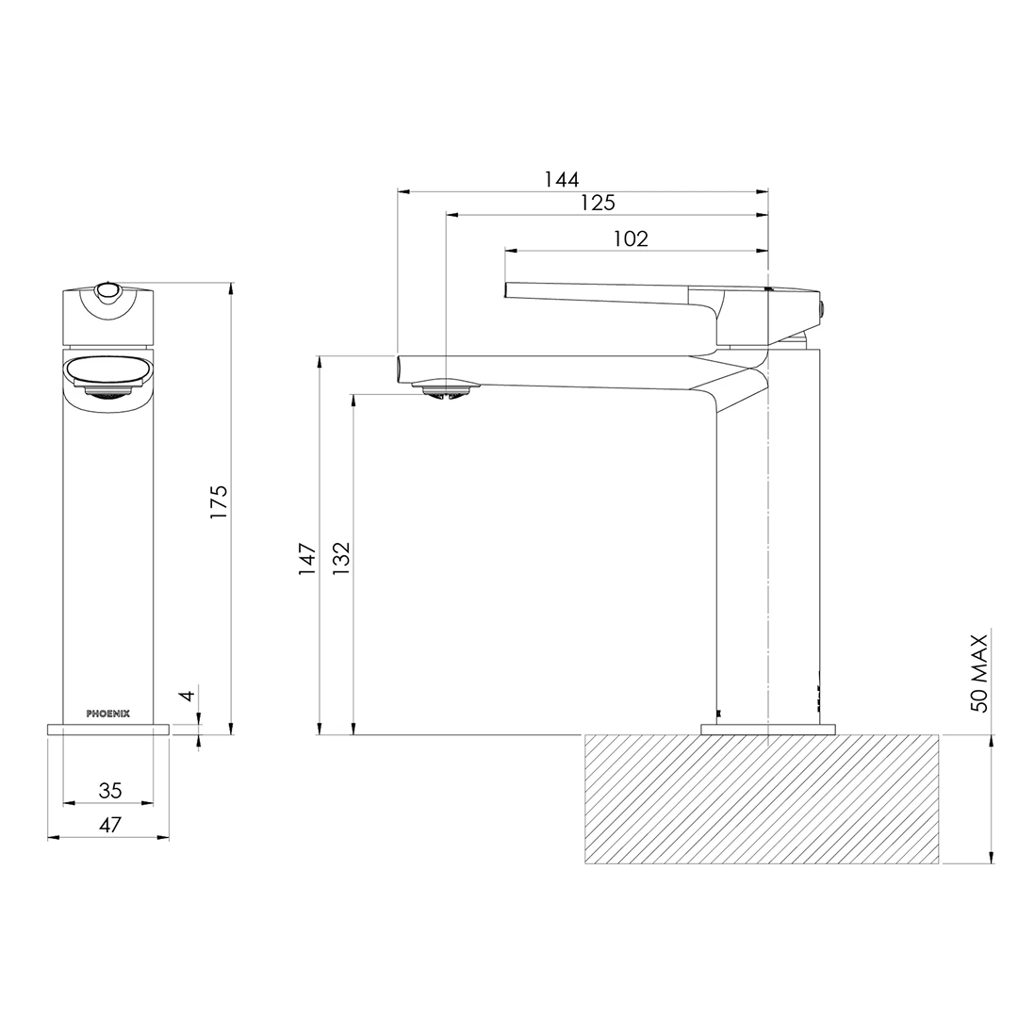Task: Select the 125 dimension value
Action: [x=598, y=203]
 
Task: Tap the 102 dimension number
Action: [x=631, y=238]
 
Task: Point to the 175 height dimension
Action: [x=219, y=502]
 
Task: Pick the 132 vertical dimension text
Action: [x=341, y=559]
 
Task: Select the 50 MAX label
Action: [x=979, y=673]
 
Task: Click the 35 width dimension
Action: [x=109, y=790]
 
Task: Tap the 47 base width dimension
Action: [x=109, y=825]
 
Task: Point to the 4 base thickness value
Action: [x=188, y=696]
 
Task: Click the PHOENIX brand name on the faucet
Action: [x=108, y=714]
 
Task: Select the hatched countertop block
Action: [x=762, y=799]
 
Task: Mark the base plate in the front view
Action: [x=108, y=729]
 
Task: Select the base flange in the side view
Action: [x=768, y=729]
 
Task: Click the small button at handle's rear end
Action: [x=823, y=307]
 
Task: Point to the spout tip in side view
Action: [x=402, y=369]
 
